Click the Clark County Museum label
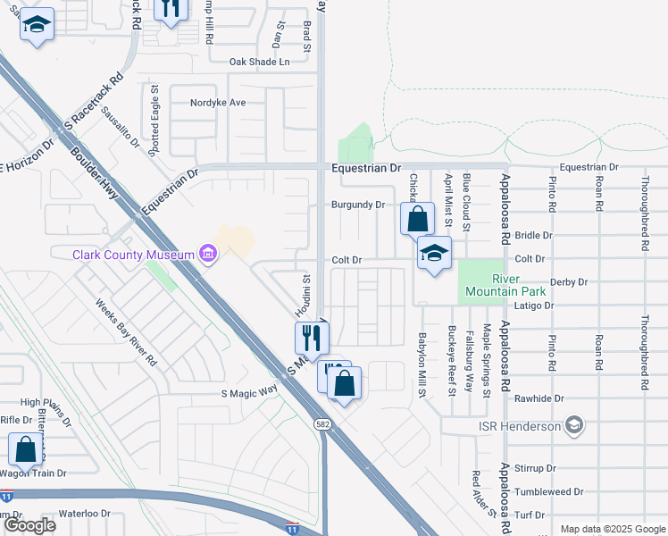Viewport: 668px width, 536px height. point(134,255)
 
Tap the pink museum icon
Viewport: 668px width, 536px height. point(209,255)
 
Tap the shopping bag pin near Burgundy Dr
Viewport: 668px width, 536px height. point(417,219)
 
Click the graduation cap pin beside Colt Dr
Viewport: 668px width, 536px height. point(434,255)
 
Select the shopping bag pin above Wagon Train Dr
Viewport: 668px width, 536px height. point(26,449)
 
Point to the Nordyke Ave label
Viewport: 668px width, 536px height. point(218,103)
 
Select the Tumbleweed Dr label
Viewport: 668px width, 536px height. point(555,491)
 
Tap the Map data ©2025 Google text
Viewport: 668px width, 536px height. point(613,529)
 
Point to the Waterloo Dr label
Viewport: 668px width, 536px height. point(84,514)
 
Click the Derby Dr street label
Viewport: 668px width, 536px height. point(570,281)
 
